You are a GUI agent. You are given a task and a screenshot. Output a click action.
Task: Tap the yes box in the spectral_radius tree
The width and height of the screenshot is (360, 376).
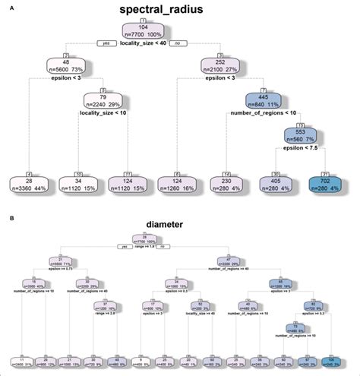click(x=106, y=43)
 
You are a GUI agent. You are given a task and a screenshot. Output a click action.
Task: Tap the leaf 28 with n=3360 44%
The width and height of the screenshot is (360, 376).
click(x=30, y=185)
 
